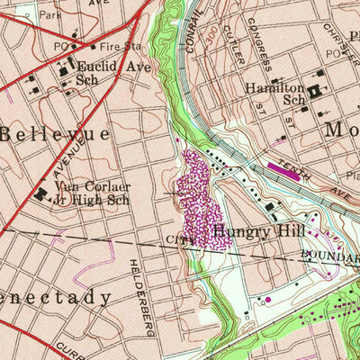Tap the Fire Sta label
click(x=119, y=44)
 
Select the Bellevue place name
click(x=54, y=133)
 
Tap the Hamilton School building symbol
click(x=316, y=92)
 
